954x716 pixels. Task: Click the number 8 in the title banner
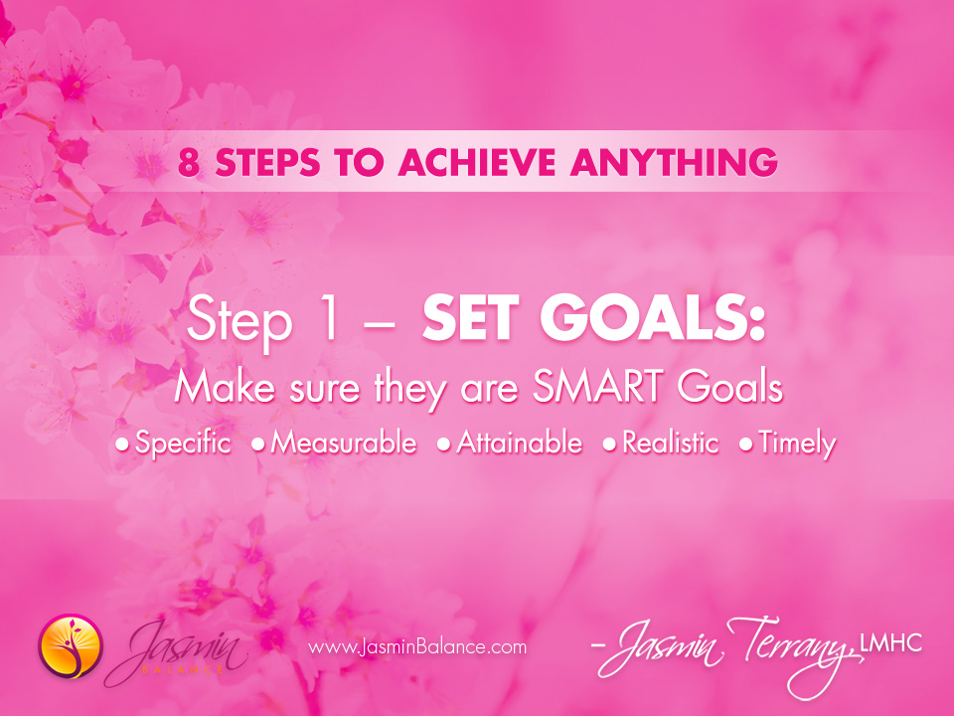[189, 162]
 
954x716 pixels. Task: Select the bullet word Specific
[182, 444]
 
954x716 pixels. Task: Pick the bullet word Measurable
[344, 444]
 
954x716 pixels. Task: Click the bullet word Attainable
[519, 444]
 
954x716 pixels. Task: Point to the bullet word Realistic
[670, 444]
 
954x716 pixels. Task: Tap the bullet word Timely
[796, 444]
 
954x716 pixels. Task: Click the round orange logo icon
[71, 645]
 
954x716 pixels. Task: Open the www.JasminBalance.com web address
[417, 647]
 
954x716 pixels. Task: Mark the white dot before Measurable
[258, 445]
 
